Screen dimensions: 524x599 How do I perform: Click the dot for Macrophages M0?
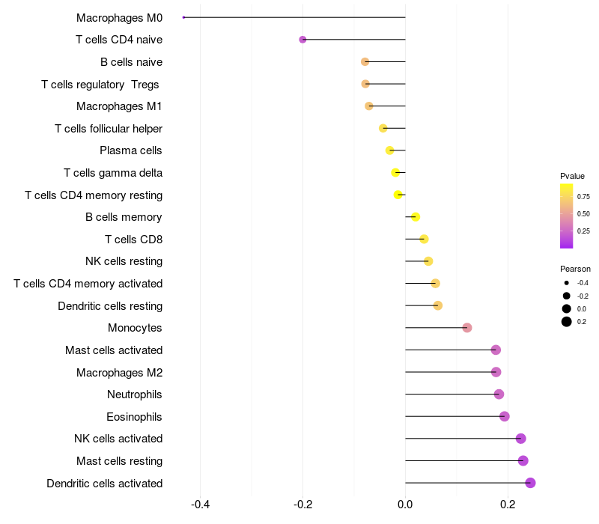[183, 17]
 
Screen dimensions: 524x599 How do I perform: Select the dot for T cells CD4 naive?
[302, 40]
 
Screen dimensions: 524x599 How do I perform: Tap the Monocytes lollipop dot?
[467, 328]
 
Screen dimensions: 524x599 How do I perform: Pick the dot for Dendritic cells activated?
[530, 483]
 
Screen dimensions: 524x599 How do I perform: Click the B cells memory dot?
[416, 217]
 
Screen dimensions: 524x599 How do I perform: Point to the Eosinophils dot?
[505, 416]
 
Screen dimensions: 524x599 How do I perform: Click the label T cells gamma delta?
[113, 173]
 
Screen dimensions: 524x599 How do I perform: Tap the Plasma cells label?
[131, 150]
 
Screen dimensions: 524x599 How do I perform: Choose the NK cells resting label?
[124, 261]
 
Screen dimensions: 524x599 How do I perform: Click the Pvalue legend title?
[572, 176]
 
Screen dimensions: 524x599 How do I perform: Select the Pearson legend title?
[575, 269]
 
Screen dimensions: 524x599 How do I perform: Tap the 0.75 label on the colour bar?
[583, 197]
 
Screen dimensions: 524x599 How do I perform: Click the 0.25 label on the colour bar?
[583, 231]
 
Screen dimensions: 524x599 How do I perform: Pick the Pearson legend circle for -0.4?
[567, 283]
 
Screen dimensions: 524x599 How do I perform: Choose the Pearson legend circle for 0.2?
[567, 322]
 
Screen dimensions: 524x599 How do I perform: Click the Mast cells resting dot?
[523, 460]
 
